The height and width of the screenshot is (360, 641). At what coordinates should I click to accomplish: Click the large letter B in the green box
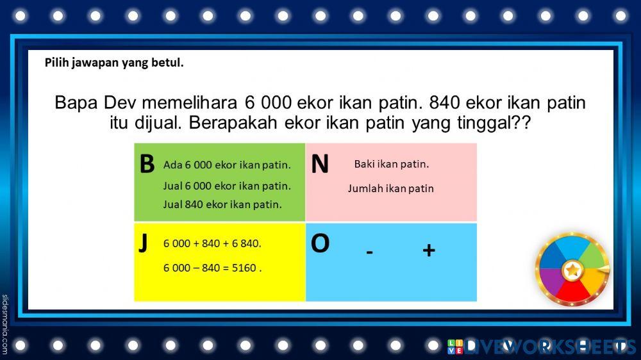[x=147, y=164]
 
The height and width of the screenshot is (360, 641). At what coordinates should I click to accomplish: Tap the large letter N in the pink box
[x=320, y=164]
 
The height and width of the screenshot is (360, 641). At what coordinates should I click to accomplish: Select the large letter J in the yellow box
[x=143, y=243]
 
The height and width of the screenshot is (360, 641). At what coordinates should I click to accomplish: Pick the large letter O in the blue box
[x=320, y=243]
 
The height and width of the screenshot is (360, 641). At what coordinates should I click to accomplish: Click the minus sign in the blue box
[x=370, y=252]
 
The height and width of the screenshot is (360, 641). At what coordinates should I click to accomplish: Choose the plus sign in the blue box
[x=429, y=250]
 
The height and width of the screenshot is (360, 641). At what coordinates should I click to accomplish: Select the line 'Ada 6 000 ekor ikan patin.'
[x=227, y=165]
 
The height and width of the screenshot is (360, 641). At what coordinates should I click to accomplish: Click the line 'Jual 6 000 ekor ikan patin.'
[x=227, y=186]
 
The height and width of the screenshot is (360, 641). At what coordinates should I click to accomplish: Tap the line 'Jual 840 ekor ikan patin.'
[x=222, y=205]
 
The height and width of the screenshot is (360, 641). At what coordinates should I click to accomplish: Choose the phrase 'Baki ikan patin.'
[x=392, y=164]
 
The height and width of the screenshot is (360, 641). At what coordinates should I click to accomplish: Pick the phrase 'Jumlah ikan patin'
[x=391, y=188]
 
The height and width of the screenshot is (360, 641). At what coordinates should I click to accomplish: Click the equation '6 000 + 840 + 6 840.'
[x=212, y=243]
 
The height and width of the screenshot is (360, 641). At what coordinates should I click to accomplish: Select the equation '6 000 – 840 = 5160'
[x=212, y=268]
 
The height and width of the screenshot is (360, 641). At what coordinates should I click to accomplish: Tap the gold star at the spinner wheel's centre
[x=571, y=271]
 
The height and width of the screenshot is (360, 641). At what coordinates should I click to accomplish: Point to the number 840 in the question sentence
[x=445, y=102]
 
